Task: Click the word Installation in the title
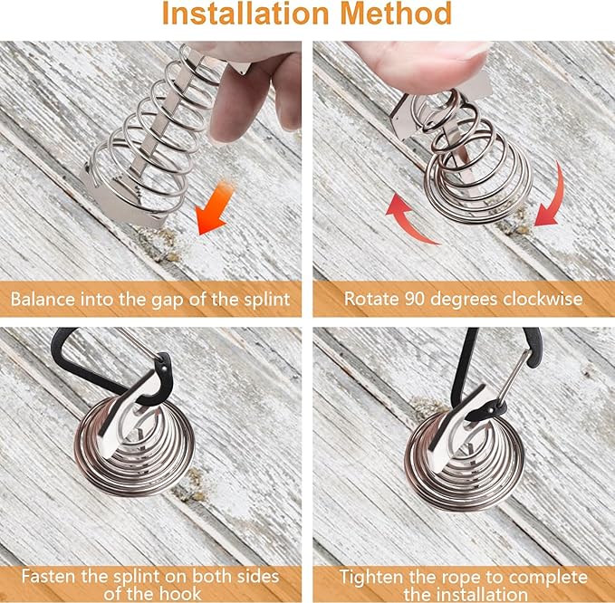pos(245,14)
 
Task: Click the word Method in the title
pos(396,14)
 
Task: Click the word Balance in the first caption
pos(43,299)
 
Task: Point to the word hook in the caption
pos(182,594)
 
